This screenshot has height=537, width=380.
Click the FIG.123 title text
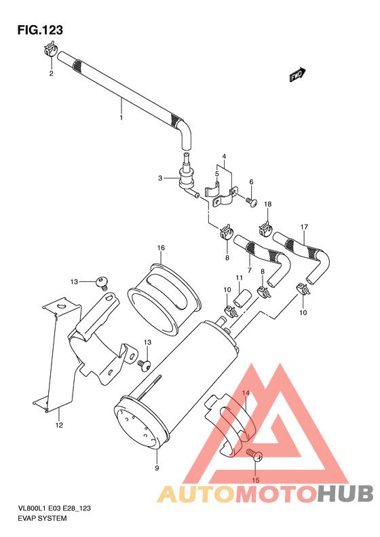(40, 30)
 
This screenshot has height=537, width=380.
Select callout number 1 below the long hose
(121, 117)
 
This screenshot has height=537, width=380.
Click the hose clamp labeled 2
(50, 50)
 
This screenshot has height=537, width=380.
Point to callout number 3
(160, 178)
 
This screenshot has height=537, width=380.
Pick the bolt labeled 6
(250, 201)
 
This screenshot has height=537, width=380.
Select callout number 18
(267, 204)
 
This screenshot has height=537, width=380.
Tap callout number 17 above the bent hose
(305, 227)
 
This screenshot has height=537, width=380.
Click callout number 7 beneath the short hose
(249, 270)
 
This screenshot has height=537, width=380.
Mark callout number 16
(161, 248)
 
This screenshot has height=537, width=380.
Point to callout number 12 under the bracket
(59, 426)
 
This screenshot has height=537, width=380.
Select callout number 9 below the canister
(157, 468)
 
